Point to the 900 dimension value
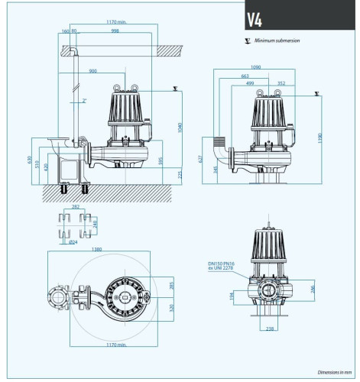92,72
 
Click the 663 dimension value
244,76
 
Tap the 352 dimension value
281,83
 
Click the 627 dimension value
200,160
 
